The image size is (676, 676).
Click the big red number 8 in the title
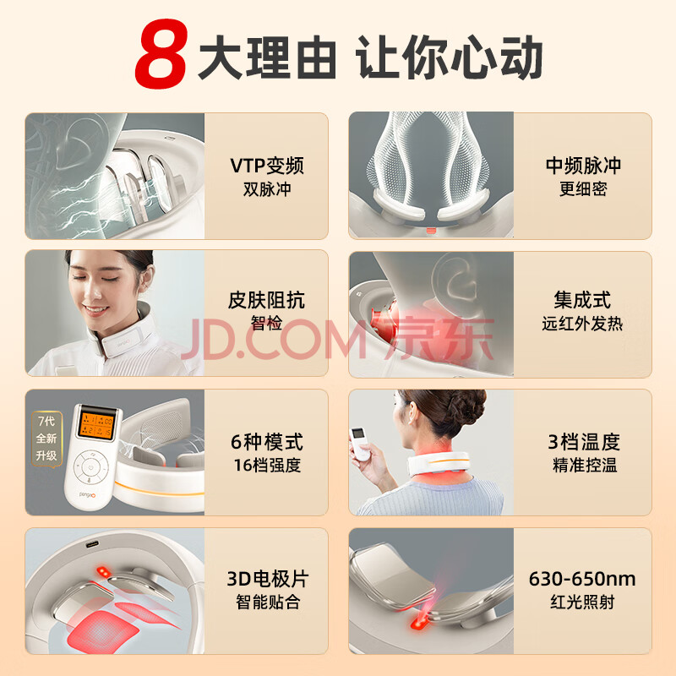161,53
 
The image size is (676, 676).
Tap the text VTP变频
267,166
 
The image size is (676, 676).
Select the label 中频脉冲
583,166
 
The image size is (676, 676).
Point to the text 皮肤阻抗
266,300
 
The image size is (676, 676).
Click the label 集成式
582,300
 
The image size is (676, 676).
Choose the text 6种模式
267,442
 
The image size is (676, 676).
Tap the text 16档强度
267,466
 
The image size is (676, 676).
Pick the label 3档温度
584,442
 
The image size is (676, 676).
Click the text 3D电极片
267,579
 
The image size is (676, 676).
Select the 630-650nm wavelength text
582,579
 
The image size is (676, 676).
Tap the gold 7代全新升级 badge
46,439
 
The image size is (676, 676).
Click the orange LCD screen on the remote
95,425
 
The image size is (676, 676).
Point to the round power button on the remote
90,467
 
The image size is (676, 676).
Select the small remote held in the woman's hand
359,444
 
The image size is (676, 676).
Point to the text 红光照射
582,602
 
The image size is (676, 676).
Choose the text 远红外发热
582,324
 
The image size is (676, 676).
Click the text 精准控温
585,466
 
